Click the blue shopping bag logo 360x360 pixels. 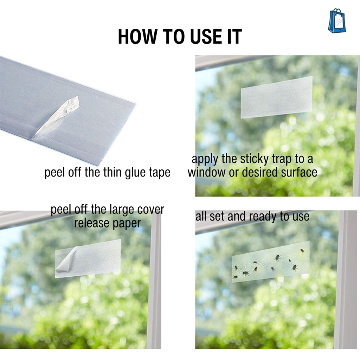[x=337, y=21]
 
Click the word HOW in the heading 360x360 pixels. [x=137, y=37]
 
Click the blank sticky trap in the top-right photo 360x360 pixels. [x=277, y=97]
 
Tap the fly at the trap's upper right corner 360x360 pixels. [x=302, y=251]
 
